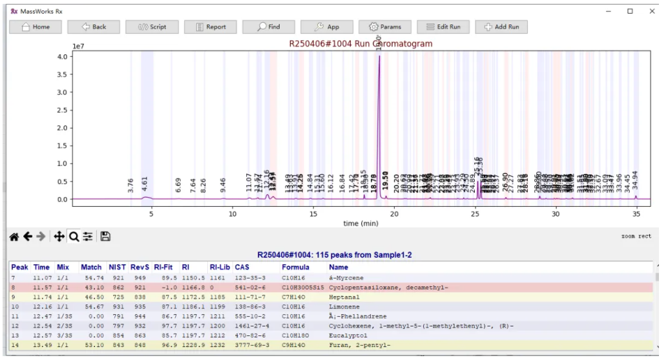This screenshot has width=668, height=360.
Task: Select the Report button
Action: click(210, 26)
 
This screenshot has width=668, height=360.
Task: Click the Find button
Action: click(268, 26)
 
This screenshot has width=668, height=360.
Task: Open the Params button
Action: click(384, 26)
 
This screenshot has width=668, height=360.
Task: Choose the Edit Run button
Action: click(443, 26)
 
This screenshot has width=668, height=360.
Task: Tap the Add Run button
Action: click(501, 26)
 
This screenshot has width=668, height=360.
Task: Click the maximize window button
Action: click(630, 11)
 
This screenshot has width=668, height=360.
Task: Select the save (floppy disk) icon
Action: click(105, 237)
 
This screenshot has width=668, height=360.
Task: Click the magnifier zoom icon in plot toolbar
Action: click(74, 237)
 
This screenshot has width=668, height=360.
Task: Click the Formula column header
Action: click(295, 267)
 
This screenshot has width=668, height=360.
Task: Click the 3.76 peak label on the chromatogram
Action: click(130, 185)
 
